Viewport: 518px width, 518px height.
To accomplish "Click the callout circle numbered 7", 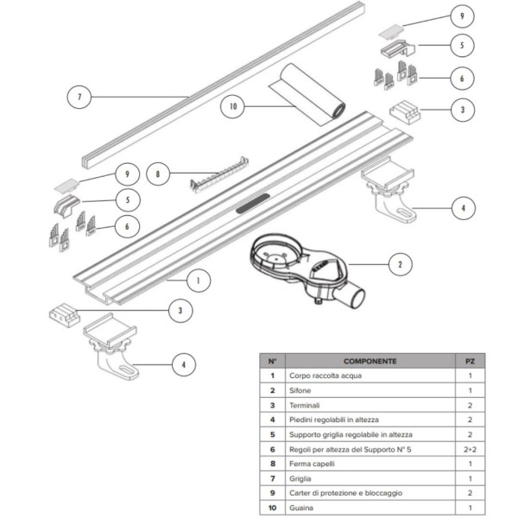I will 79,98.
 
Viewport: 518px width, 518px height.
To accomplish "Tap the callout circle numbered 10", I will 231,107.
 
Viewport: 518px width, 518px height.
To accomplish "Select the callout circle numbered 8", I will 158,174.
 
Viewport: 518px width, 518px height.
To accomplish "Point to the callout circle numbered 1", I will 199,281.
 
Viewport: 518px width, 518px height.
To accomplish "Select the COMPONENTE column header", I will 370,361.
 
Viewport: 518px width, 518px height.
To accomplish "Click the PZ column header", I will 471,361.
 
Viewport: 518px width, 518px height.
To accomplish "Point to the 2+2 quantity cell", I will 471,449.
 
